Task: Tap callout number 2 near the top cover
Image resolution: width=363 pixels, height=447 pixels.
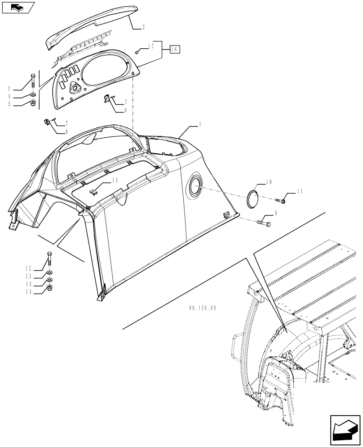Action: click(144, 27)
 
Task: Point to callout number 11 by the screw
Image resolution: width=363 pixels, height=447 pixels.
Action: click(299, 191)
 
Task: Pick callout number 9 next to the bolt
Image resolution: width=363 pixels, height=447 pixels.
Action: click(276, 213)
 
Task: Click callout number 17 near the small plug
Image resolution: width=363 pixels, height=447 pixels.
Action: click(151, 46)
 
